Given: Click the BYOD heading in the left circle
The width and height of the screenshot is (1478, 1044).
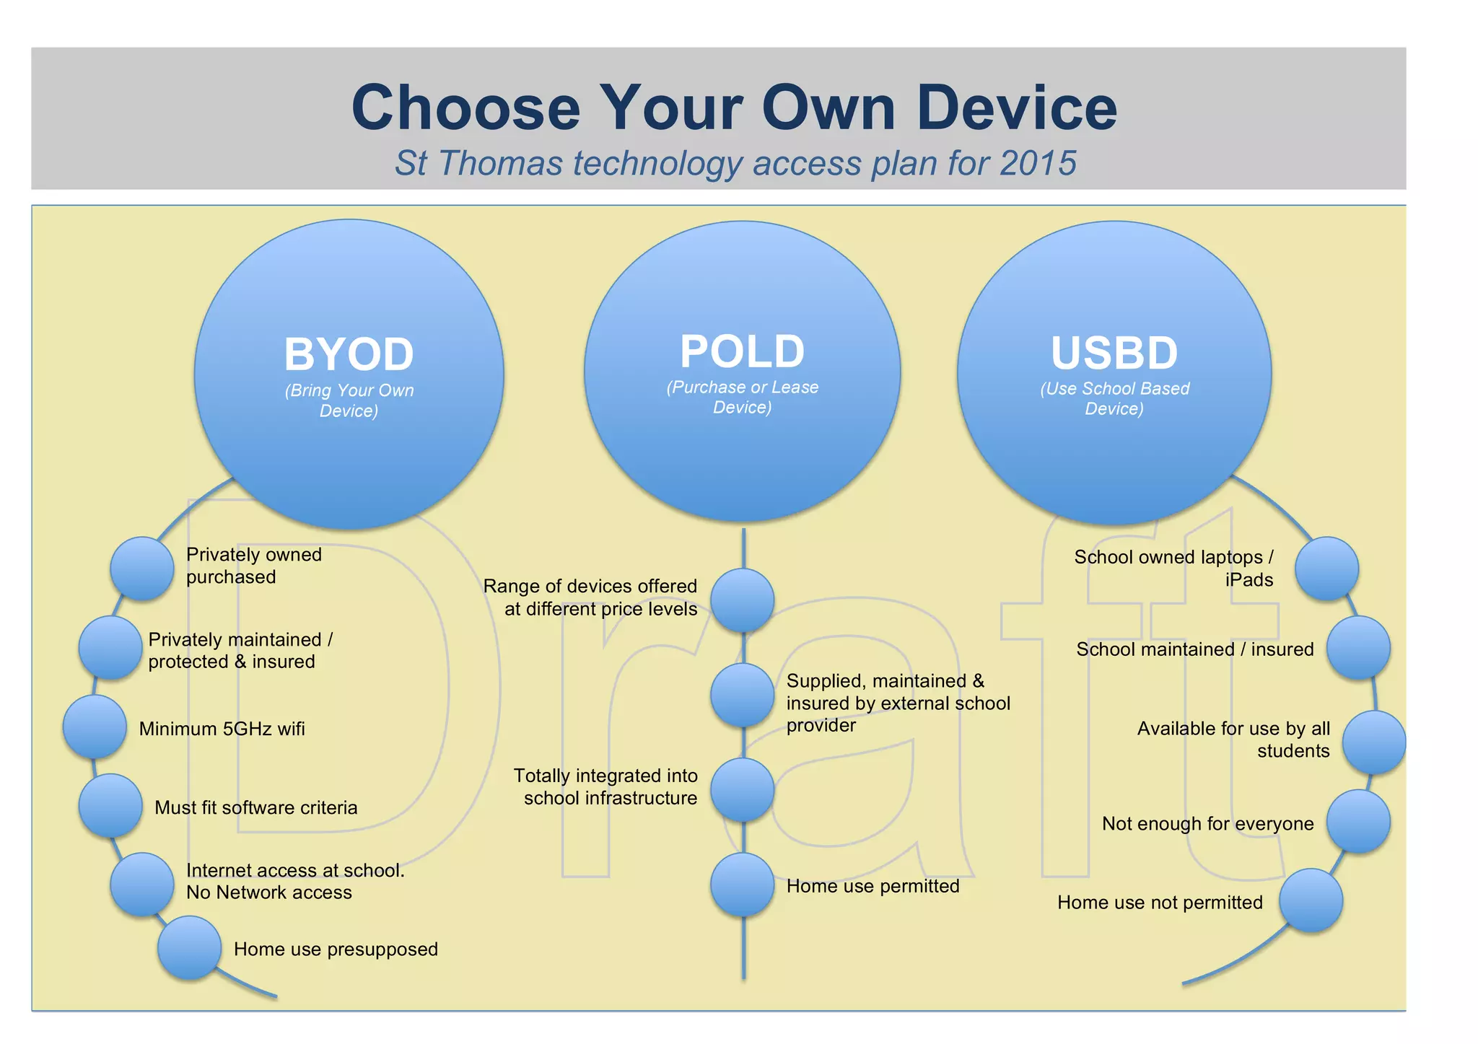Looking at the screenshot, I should tap(349, 354).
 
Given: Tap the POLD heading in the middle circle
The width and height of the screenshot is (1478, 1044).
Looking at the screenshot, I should tap(742, 351).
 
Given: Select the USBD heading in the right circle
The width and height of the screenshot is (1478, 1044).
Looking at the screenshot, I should tap(1114, 353).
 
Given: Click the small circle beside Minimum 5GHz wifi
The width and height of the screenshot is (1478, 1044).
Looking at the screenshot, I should tap(95, 727).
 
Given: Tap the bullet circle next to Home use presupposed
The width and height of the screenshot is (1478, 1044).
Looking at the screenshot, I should tap(189, 947).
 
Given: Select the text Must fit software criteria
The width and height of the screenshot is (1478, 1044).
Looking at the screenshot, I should tap(255, 807).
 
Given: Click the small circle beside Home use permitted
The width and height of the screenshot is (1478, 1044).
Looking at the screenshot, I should tap(742, 885).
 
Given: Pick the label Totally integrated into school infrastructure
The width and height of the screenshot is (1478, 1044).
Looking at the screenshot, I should tap(605, 786).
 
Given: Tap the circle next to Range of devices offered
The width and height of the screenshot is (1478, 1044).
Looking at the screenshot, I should tap(742, 600).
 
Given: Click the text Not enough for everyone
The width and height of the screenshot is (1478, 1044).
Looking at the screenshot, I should tap(1207, 823).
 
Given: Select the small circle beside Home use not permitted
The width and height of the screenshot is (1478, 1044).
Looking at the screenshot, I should tap(1311, 900).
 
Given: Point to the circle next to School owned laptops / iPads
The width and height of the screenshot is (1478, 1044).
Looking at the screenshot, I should tap(1326, 569).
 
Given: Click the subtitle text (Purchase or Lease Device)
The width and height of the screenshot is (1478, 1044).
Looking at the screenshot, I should tap(742, 397).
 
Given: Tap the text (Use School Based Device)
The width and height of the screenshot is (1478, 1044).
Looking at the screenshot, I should tap(1114, 398).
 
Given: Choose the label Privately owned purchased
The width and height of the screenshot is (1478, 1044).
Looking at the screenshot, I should tap(253, 566).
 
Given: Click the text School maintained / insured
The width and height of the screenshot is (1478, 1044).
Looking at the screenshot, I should tap(1194, 649).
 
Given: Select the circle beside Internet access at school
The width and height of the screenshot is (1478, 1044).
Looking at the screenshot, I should tap(142, 885).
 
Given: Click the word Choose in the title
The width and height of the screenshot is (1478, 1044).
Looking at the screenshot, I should tap(465, 108).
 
